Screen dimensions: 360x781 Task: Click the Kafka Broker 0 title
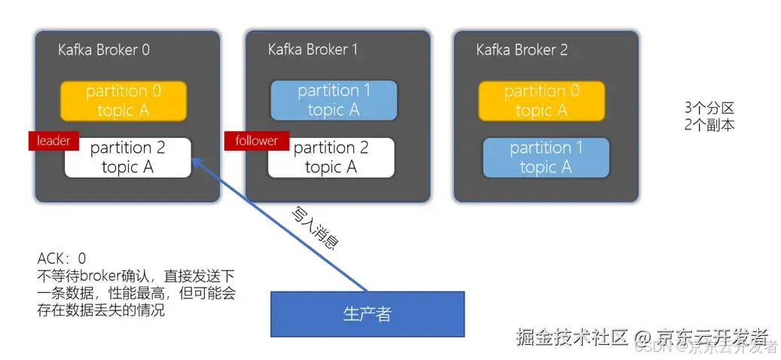(x=104, y=50)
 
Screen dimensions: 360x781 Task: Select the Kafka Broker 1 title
(x=313, y=50)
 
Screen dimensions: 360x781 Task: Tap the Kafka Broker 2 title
(x=522, y=50)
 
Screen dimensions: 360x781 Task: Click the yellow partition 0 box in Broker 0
(x=124, y=101)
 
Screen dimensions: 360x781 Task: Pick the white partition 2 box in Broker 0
(x=128, y=157)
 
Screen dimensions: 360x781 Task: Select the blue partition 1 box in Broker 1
(x=334, y=101)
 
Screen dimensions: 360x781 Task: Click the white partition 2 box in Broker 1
(x=331, y=157)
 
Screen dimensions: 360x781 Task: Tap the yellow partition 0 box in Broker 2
(x=542, y=101)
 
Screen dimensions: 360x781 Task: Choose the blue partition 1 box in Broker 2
(x=546, y=157)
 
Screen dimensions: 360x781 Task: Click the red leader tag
(x=53, y=140)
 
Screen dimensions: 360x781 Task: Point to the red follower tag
(x=256, y=140)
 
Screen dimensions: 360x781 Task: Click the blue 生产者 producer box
(x=368, y=313)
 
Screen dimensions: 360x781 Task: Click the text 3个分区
(x=709, y=108)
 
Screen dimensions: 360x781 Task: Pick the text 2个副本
(x=709, y=125)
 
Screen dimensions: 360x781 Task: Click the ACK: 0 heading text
(x=62, y=259)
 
